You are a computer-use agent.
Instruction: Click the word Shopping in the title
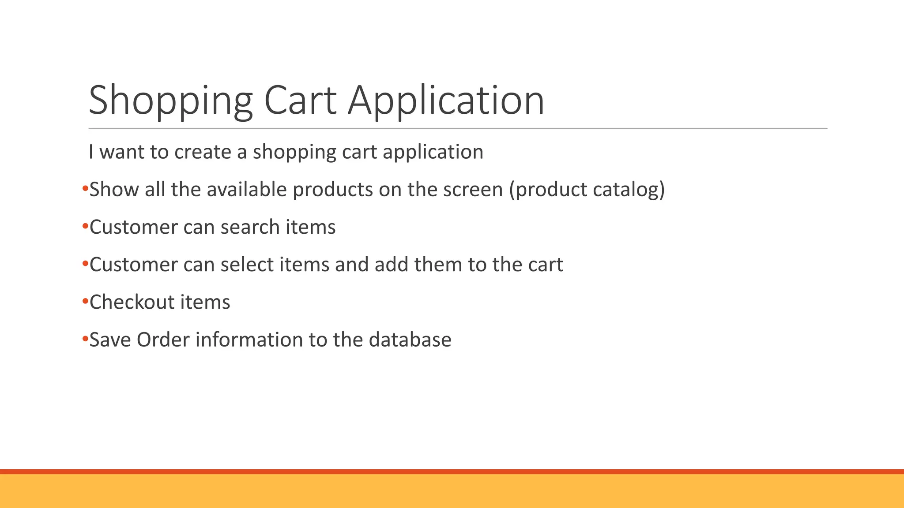click(x=170, y=101)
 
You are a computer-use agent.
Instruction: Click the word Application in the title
click(x=446, y=101)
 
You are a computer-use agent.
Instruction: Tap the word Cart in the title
click(x=300, y=101)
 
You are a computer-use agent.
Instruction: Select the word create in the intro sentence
click(x=203, y=152)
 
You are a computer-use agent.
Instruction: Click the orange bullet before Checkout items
click(x=85, y=302)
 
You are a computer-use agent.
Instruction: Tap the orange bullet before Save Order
click(x=85, y=339)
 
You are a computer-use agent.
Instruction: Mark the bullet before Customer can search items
click(x=85, y=227)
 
